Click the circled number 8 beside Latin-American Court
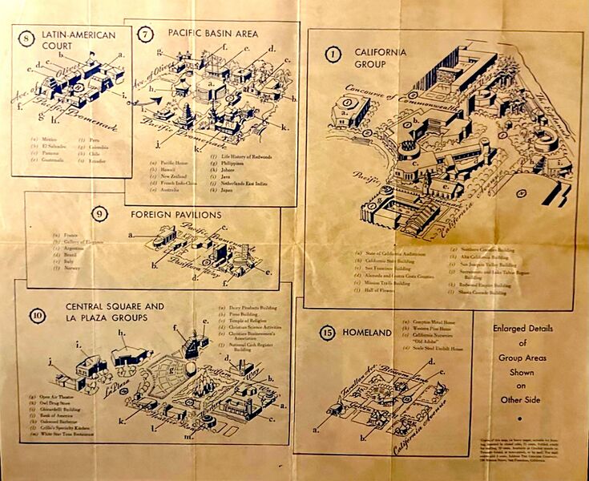[x=27, y=38]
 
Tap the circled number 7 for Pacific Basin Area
[x=145, y=34]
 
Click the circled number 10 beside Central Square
[x=36, y=314]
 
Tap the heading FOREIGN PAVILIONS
[x=185, y=215]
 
